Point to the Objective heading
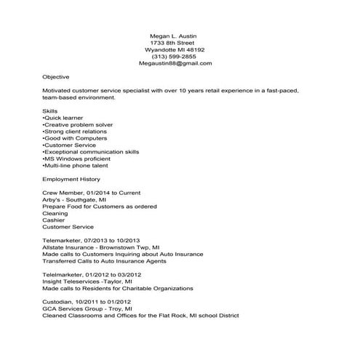tap(56, 76)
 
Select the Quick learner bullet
tap(63, 117)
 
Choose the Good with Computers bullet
tap(75, 138)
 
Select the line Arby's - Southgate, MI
tap(73, 199)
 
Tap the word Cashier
tap(54, 220)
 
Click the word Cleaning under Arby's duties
tap(55, 213)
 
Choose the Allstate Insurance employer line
tap(101, 247)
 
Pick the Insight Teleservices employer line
tap(87, 281)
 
